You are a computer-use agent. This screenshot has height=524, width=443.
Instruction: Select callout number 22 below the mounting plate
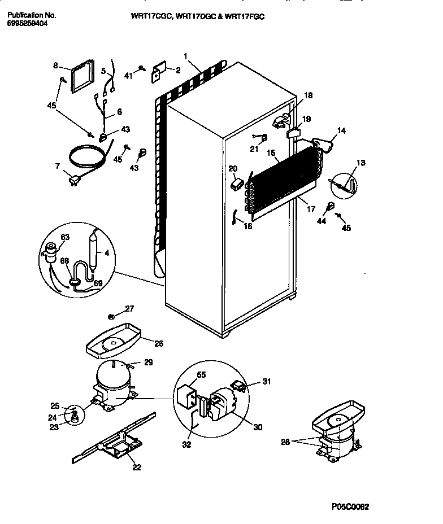point(137,466)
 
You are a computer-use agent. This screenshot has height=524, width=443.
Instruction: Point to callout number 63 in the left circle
point(65,237)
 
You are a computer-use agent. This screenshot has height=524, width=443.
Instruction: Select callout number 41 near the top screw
point(128,75)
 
